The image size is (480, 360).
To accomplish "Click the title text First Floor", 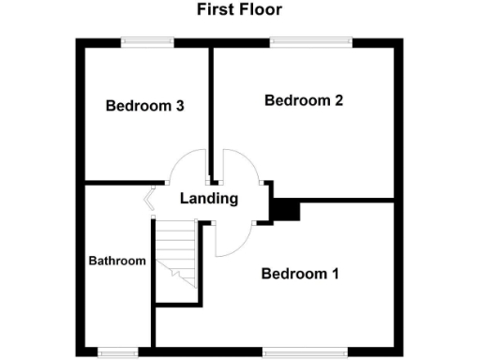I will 239,10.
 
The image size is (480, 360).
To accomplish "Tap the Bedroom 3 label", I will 143,106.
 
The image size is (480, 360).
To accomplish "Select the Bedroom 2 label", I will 303,100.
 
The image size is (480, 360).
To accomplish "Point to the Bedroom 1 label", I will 299,274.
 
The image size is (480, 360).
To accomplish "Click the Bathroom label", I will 117,261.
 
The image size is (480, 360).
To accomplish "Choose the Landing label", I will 208,199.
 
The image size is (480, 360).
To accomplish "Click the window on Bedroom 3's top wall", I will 147,40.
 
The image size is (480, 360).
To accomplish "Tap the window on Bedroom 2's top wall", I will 311,40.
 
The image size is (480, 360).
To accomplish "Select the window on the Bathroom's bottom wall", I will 119,352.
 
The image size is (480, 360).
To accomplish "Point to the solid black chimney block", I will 285,211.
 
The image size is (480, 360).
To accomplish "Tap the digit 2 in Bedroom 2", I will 337,100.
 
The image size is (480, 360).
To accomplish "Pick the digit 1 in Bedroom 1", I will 334,274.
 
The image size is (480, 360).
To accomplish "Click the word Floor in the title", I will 261,10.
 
